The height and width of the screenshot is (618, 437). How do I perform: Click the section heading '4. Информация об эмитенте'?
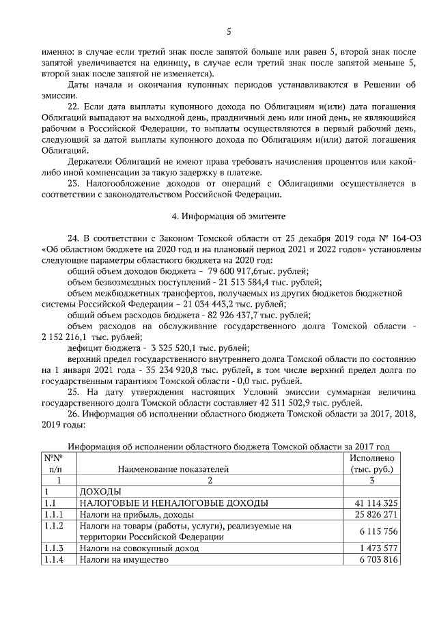click(229, 216)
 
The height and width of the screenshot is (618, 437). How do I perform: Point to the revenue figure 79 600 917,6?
click(231, 271)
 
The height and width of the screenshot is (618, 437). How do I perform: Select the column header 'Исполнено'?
click(371, 459)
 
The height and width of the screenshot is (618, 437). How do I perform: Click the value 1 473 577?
click(375, 548)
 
